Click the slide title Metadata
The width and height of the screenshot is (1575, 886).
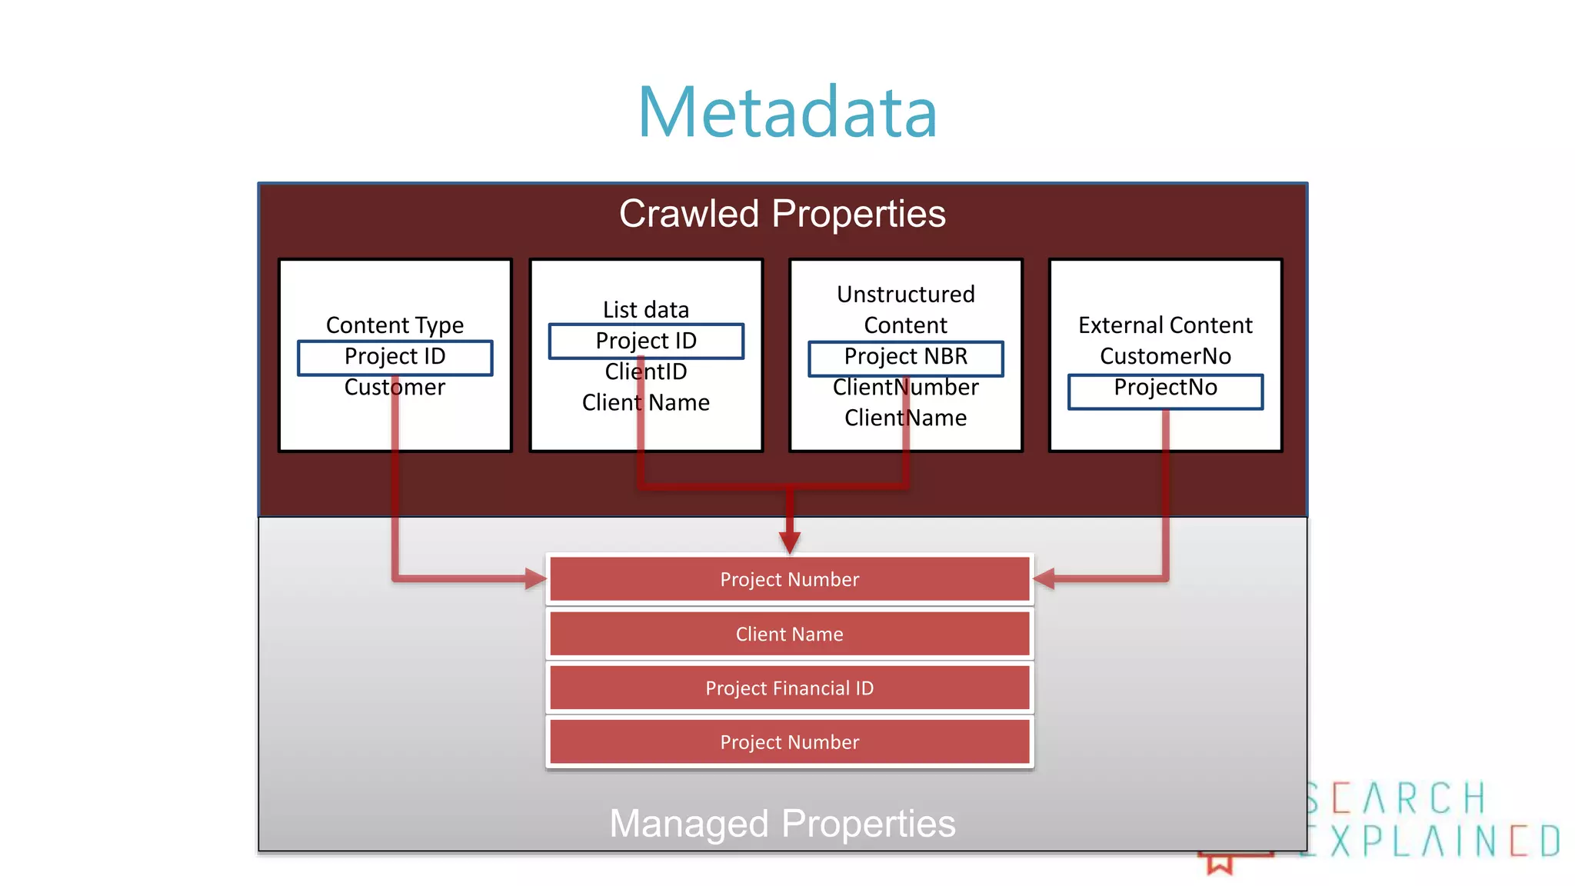pos(787,112)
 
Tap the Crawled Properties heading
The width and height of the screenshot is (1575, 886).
pos(782,214)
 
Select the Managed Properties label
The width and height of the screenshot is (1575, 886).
pos(782,824)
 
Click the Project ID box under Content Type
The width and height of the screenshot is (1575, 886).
pos(395,357)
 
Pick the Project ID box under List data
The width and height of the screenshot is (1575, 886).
pos(646,341)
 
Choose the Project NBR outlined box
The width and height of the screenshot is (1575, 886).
pos(905,357)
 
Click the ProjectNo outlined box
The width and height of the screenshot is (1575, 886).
pos(1165,388)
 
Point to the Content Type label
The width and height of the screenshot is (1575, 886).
pos(395,325)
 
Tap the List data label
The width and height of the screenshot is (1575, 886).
pos(646,310)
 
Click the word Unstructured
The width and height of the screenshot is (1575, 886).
pos(905,295)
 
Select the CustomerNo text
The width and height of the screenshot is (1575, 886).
pos(1165,356)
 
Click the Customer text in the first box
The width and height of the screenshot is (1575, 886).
pos(395,387)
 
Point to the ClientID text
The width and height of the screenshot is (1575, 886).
pos(646,371)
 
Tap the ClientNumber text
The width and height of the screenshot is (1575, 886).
pos(905,387)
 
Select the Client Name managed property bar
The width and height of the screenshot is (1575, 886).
pos(789,634)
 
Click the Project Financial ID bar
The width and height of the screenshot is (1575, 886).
pos(789,688)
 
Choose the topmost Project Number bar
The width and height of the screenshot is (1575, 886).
pos(789,579)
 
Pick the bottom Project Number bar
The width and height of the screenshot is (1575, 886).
pos(789,742)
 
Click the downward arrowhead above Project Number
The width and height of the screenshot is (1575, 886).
pos(790,542)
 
